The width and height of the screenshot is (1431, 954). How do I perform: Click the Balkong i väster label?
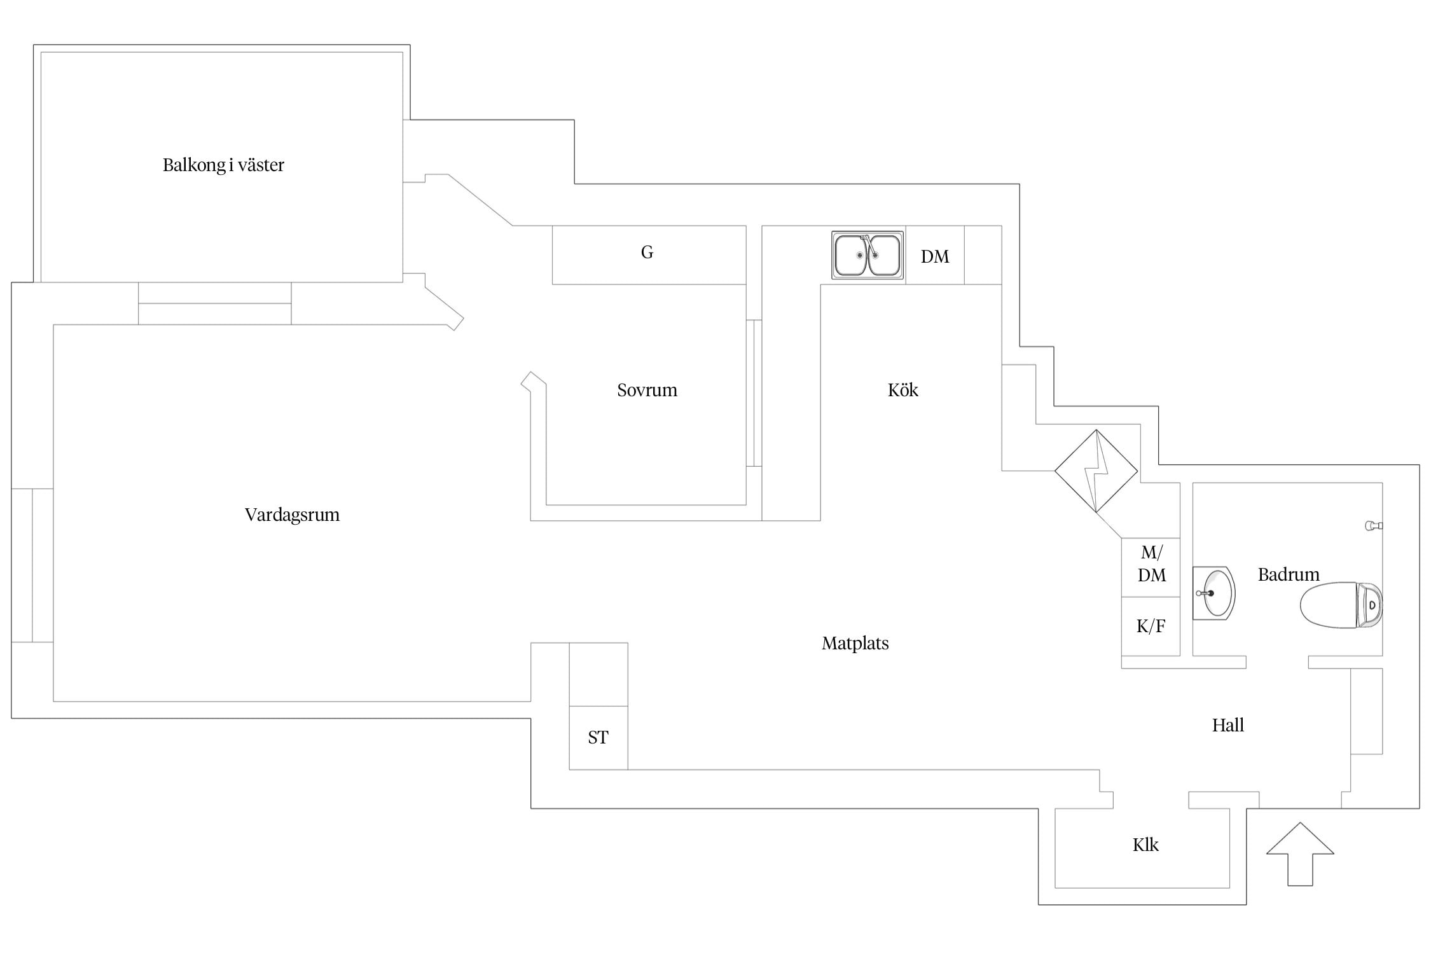[223, 165]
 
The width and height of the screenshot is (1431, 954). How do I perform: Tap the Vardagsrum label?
[292, 515]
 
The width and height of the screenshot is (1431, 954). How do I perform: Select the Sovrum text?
[647, 390]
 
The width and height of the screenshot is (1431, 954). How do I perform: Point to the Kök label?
[902, 390]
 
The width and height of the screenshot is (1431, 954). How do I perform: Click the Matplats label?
[855, 644]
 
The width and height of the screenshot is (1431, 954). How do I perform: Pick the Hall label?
[1227, 725]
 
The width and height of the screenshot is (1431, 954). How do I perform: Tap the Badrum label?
[1289, 575]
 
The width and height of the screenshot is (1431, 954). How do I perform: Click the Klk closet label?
[1145, 845]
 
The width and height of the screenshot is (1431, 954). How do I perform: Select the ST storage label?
[598, 738]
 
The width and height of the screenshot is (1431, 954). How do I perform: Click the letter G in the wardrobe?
[647, 252]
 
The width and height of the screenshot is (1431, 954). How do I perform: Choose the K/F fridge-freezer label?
[1151, 626]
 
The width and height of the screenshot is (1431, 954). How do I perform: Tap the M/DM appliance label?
[1151, 564]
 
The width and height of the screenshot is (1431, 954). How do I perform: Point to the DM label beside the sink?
[934, 256]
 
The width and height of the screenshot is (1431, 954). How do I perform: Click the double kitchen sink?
[868, 255]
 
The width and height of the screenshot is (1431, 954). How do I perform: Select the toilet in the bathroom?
[1340, 605]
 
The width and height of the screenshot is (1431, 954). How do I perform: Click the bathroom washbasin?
[1214, 593]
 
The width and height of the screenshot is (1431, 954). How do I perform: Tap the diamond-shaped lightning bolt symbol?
[1096, 471]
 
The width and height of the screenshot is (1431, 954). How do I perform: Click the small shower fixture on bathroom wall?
[1373, 526]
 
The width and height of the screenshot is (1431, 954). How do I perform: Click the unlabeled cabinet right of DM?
[983, 255]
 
